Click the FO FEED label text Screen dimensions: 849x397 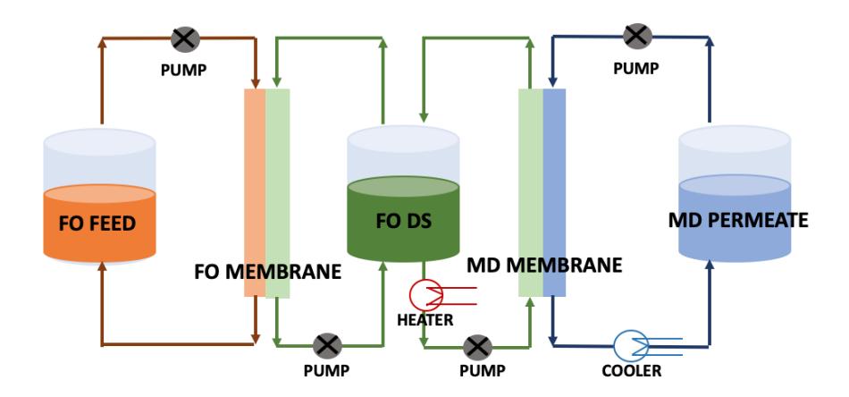[97, 224]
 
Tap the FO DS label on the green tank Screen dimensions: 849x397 [403, 221]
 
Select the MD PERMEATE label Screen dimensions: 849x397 [738, 220]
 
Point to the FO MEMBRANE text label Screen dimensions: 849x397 [267, 271]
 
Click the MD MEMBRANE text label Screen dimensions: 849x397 [544, 266]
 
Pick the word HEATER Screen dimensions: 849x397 [425, 320]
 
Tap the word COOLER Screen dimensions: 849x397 [631, 371]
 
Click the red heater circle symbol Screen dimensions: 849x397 [426, 296]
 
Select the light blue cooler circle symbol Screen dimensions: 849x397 [631, 346]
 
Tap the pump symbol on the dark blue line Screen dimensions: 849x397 [637, 37]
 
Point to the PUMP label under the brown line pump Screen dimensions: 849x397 [183, 71]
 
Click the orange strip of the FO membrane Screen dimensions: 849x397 [255, 193]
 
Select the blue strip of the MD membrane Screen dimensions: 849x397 [554, 193]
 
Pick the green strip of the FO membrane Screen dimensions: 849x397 [277, 193]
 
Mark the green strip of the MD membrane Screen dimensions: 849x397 [531, 193]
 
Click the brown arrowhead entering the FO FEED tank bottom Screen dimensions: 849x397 [102, 266]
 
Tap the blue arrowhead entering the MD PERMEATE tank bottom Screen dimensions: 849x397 [710, 264]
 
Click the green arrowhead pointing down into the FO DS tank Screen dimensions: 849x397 [424, 117]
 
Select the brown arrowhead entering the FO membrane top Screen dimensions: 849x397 [255, 83]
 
